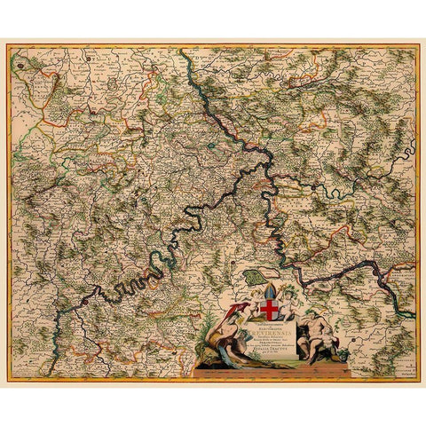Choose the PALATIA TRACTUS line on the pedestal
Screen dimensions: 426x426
pyautogui.click(x=275, y=353)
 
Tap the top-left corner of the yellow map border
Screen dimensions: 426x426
pyautogui.click(x=9, y=46)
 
